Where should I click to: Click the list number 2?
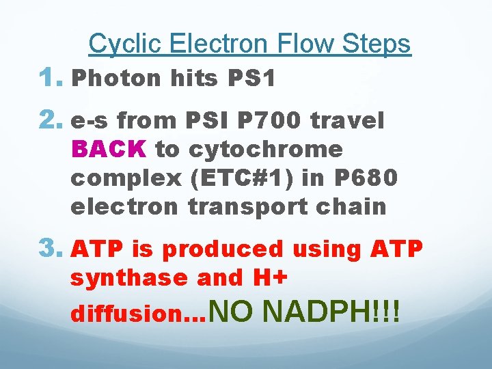55,121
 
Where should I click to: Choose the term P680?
366,178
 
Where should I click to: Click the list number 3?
55,249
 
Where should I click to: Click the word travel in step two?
346,122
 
